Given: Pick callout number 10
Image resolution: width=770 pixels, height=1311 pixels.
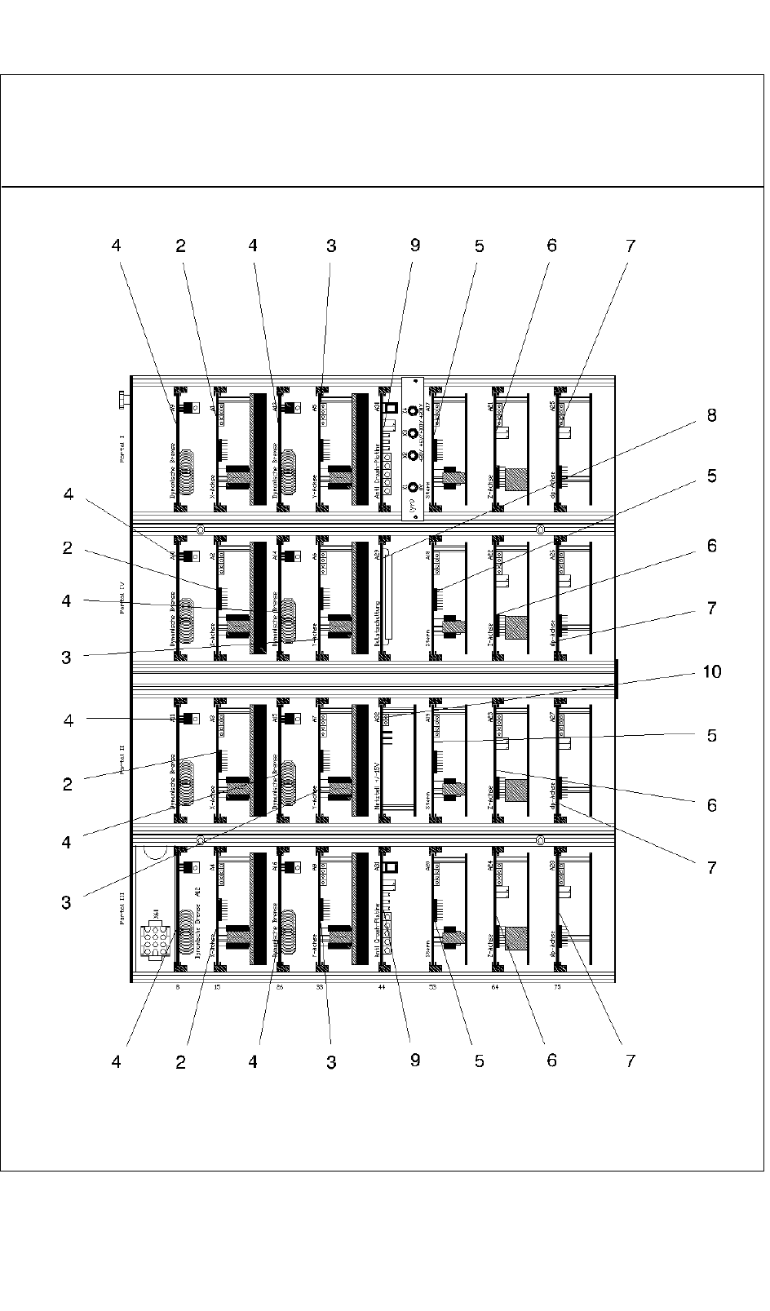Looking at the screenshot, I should (x=711, y=671).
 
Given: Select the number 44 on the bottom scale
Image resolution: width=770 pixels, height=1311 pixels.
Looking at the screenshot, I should (x=381, y=987).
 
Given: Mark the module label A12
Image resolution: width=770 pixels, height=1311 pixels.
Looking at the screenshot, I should (x=198, y=893).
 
